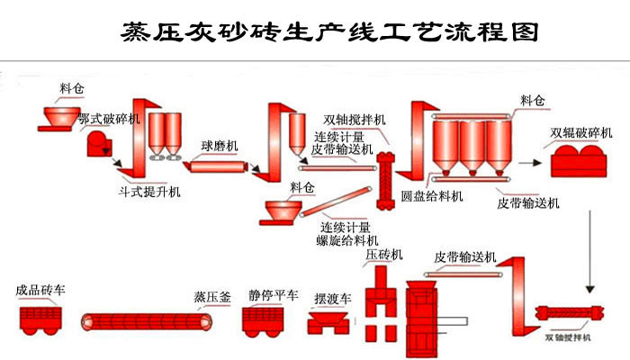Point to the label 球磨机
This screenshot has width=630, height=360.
219,145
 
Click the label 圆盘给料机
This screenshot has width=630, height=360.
432,195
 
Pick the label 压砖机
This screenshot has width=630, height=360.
384,256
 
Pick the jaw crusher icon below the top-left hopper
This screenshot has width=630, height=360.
97,143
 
